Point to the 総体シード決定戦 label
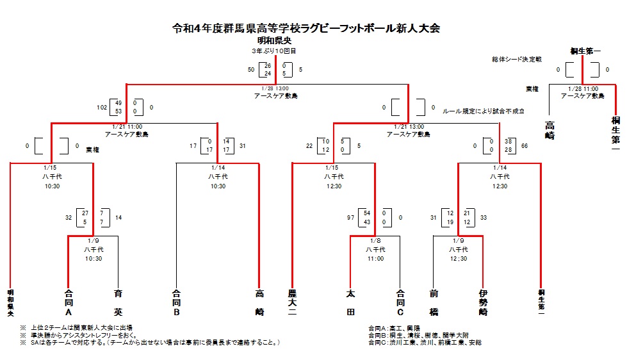click(521, 60)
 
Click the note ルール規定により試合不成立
click(484, 111)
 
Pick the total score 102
click(102, 108)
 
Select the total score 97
click(350, 218)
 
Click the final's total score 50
click(251, 69)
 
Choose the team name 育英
click(118, 303)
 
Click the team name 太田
click(350, 303)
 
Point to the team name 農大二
click(291, 303)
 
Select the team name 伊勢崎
click(483, 303)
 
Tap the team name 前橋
click(434, 303)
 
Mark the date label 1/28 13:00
click(275, 88)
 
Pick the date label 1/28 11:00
click(583, 88)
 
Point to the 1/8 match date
click(375, 241)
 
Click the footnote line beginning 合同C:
click(425, 343)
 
